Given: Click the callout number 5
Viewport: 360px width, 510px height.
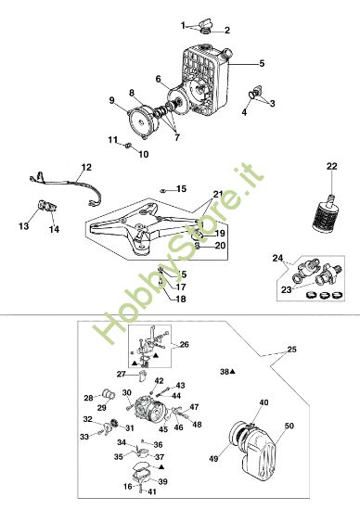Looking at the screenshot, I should [x=263, y=63].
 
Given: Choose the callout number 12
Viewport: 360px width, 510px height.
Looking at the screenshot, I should [x=86, y=167].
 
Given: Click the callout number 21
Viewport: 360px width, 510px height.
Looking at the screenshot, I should [x=218, y=193].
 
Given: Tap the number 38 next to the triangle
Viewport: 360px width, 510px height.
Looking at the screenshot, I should [x=224, y=371].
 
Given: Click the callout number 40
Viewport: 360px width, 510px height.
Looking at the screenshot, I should [x=264, y=402].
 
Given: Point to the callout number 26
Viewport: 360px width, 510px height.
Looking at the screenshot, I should [x=184, y=345].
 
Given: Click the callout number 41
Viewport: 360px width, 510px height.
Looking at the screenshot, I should [x=151, y=490].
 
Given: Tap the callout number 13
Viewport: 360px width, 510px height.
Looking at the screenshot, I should [x=23, y=225].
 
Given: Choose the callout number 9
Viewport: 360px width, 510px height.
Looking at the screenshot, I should [x=112, y=100].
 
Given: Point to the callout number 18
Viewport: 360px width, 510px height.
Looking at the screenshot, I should [x=182, y=299].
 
